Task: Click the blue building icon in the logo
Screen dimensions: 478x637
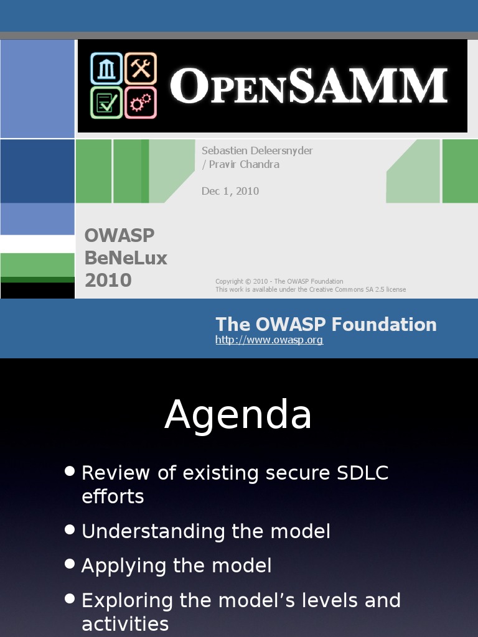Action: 106,68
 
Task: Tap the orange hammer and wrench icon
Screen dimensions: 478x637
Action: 141,68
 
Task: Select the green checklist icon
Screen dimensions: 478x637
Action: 106,103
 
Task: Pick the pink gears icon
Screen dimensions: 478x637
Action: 141,103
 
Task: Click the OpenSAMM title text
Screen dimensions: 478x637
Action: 309,86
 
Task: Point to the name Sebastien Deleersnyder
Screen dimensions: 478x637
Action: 257,151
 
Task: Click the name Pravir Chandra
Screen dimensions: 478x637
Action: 244,164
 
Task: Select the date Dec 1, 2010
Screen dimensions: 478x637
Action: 230,191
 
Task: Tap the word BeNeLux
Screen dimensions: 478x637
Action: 126,258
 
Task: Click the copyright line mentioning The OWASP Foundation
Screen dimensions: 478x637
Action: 279,281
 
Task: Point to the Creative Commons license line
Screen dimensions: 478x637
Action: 311,289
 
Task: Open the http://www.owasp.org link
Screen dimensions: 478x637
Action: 269,340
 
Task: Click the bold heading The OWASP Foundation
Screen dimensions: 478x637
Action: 326,325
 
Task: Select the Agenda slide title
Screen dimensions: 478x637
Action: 238,414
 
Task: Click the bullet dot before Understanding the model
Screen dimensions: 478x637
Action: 70,530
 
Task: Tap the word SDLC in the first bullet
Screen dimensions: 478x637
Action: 363,473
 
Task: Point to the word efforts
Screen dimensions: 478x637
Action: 113,496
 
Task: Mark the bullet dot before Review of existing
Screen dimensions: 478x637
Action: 70,471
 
